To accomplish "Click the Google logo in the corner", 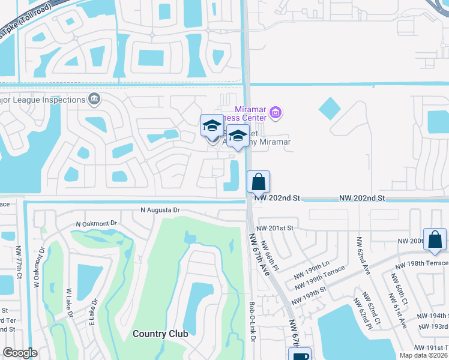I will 20,353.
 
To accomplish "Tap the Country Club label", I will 160,334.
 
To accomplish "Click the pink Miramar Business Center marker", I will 276,112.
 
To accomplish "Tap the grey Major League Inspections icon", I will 94,98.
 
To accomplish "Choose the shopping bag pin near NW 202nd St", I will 258,182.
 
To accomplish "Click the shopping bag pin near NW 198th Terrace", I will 434,239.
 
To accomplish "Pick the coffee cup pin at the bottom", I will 300,355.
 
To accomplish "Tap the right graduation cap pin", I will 238,136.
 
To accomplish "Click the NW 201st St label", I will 274,228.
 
